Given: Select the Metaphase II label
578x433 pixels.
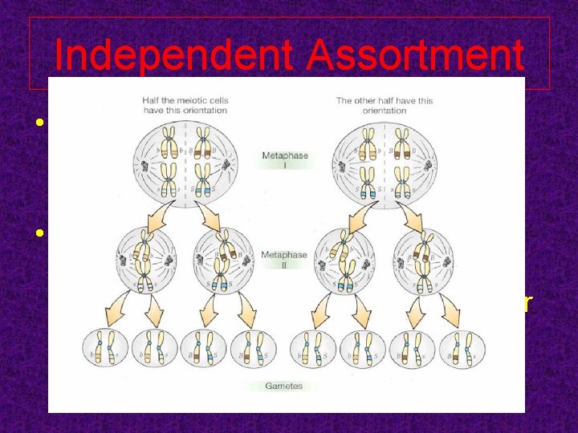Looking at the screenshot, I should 284,259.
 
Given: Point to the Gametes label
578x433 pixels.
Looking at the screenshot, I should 285,386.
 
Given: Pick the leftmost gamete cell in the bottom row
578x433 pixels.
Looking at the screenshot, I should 107,350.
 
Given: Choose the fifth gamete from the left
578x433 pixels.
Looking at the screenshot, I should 315,350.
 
